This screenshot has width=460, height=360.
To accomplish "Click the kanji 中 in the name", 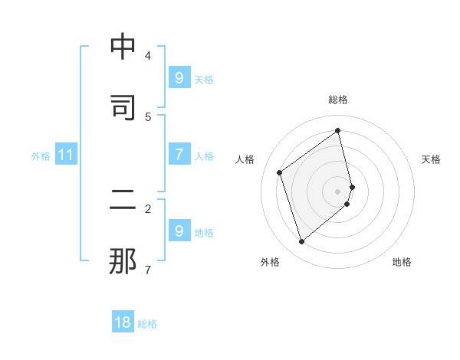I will [x=123, y=47].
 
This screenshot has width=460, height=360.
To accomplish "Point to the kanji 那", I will [x=123, y=260].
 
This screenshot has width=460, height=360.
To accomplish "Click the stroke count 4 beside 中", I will [x=148, y=55].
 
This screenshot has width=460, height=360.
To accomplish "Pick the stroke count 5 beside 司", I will [x=148, y=116].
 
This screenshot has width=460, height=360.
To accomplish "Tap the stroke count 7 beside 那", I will [x=148, y=270].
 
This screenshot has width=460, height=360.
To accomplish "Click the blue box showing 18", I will [x=123, y=322].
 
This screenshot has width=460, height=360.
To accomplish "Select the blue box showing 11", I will [x=66, y=155].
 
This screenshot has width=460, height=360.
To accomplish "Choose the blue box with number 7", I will [x=179, y=155].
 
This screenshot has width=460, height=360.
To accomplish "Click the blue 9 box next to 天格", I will [x=179, y=78].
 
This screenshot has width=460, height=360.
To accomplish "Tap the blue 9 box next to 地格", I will [x=179, y=231].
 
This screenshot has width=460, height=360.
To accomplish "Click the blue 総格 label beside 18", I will [x=147, y=324].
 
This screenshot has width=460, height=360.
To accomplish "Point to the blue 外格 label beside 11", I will [x=41, y=156].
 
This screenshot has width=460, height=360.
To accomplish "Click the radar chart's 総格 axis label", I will [x=338, y=100].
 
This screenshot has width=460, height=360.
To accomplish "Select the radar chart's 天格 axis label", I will [x=431, y=159].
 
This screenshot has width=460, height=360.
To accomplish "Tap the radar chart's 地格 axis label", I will [x=402, y=262].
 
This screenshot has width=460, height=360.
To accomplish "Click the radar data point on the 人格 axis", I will [x=280, y=172].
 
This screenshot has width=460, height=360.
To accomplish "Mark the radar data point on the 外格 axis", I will [x=301, y=242].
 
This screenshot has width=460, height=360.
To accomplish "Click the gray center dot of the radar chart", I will [x=338, y=191].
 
